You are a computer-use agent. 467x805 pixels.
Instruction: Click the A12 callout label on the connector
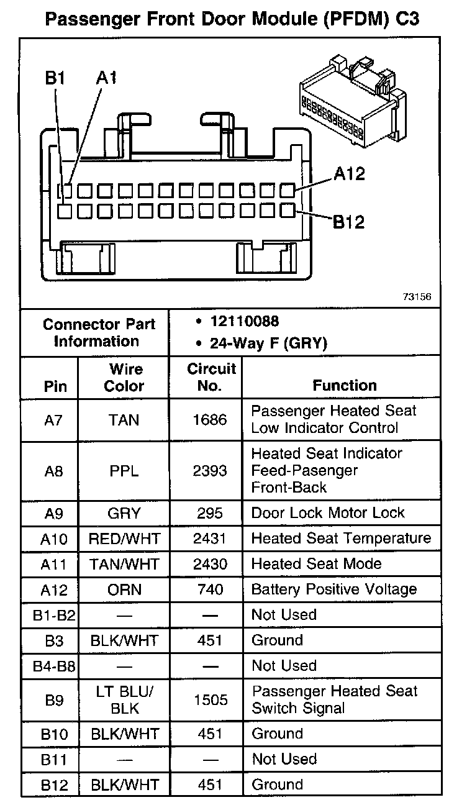(x=349, y=174)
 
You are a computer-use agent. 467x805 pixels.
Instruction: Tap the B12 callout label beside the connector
(x=349, y=221)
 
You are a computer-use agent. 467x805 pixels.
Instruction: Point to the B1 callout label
(x=55, y=78)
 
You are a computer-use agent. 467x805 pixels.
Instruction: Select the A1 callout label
(x=107, y=78)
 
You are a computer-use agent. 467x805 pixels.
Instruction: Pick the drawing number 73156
(x=417, y=296)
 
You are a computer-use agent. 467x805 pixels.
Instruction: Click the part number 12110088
(x=245, y=321)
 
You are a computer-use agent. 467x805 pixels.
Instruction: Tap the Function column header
(x=345, y=385)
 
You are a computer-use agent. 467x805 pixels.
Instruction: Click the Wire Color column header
(x=124, y=377)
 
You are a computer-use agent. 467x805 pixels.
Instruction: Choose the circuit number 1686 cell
(x=210, y=420)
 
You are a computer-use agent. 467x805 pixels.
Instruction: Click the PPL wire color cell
(x=124, y=471)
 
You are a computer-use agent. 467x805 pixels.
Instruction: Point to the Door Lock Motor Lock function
(x=328, y=513)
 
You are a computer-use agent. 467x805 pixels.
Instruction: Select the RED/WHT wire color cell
(x=124, y=539)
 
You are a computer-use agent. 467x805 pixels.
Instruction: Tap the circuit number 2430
(x=210, y=564)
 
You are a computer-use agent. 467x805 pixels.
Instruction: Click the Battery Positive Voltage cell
(x=334, y=589)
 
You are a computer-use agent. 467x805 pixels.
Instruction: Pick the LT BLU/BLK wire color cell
(x=124, y=699)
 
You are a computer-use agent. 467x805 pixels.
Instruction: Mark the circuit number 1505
(x=210, y=700)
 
